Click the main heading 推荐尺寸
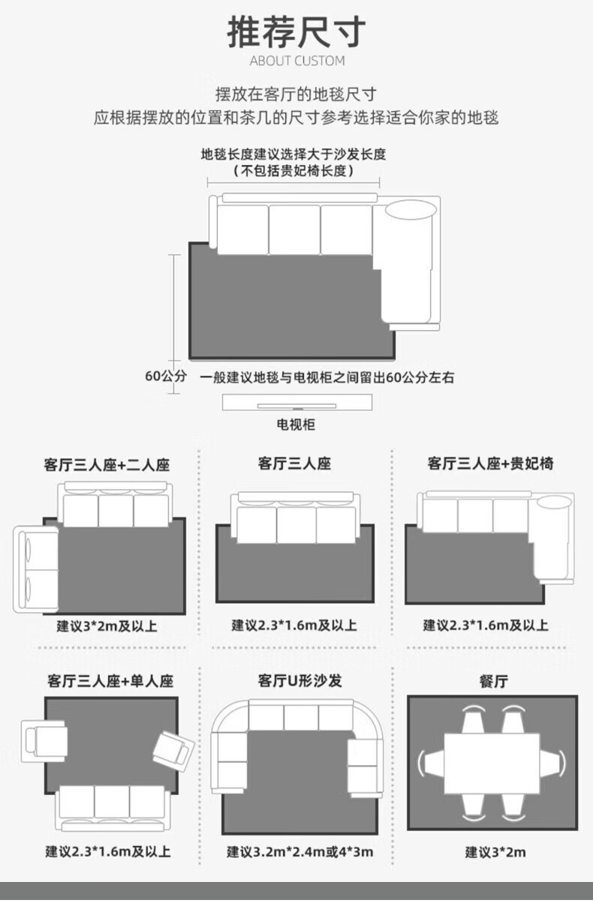(296, 32)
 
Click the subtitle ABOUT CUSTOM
(296, 61)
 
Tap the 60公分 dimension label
(165, 376)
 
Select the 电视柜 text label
(296, 424)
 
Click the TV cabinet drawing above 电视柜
(297, 403)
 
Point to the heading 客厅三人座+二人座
(107, 465)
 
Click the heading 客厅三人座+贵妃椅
(490, 463)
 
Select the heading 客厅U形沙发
(299, 680)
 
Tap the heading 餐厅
(493, 681)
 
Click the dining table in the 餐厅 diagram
(492, 763)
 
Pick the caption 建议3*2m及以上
(107, 625)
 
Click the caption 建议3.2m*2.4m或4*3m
(300, 852)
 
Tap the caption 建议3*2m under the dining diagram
(495, 852)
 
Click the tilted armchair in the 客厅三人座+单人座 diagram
(172, 748)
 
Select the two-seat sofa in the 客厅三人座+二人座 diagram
(36, 570)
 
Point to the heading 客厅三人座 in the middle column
(294, 463)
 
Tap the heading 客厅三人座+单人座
(110, 681)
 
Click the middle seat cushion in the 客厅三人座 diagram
(296, 523)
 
